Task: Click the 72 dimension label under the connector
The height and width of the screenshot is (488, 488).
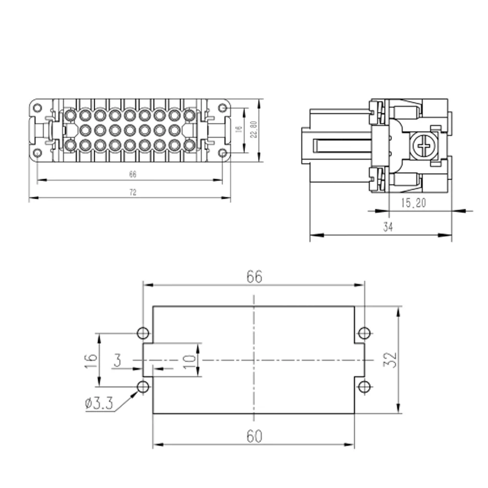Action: [133, 192]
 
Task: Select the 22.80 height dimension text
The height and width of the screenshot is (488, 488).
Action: [254, 129]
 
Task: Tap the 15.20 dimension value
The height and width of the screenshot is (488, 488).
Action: [413, 203]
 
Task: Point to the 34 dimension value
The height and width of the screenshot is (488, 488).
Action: [388, 227]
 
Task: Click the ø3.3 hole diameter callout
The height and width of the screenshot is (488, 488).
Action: [99, 404]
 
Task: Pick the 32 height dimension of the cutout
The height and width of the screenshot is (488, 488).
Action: [390, 360]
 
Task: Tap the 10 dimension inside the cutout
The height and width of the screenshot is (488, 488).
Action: [189, 362]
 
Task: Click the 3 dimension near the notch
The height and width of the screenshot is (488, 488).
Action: [117, 361]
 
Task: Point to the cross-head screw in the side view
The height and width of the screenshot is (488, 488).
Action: [424, 145]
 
